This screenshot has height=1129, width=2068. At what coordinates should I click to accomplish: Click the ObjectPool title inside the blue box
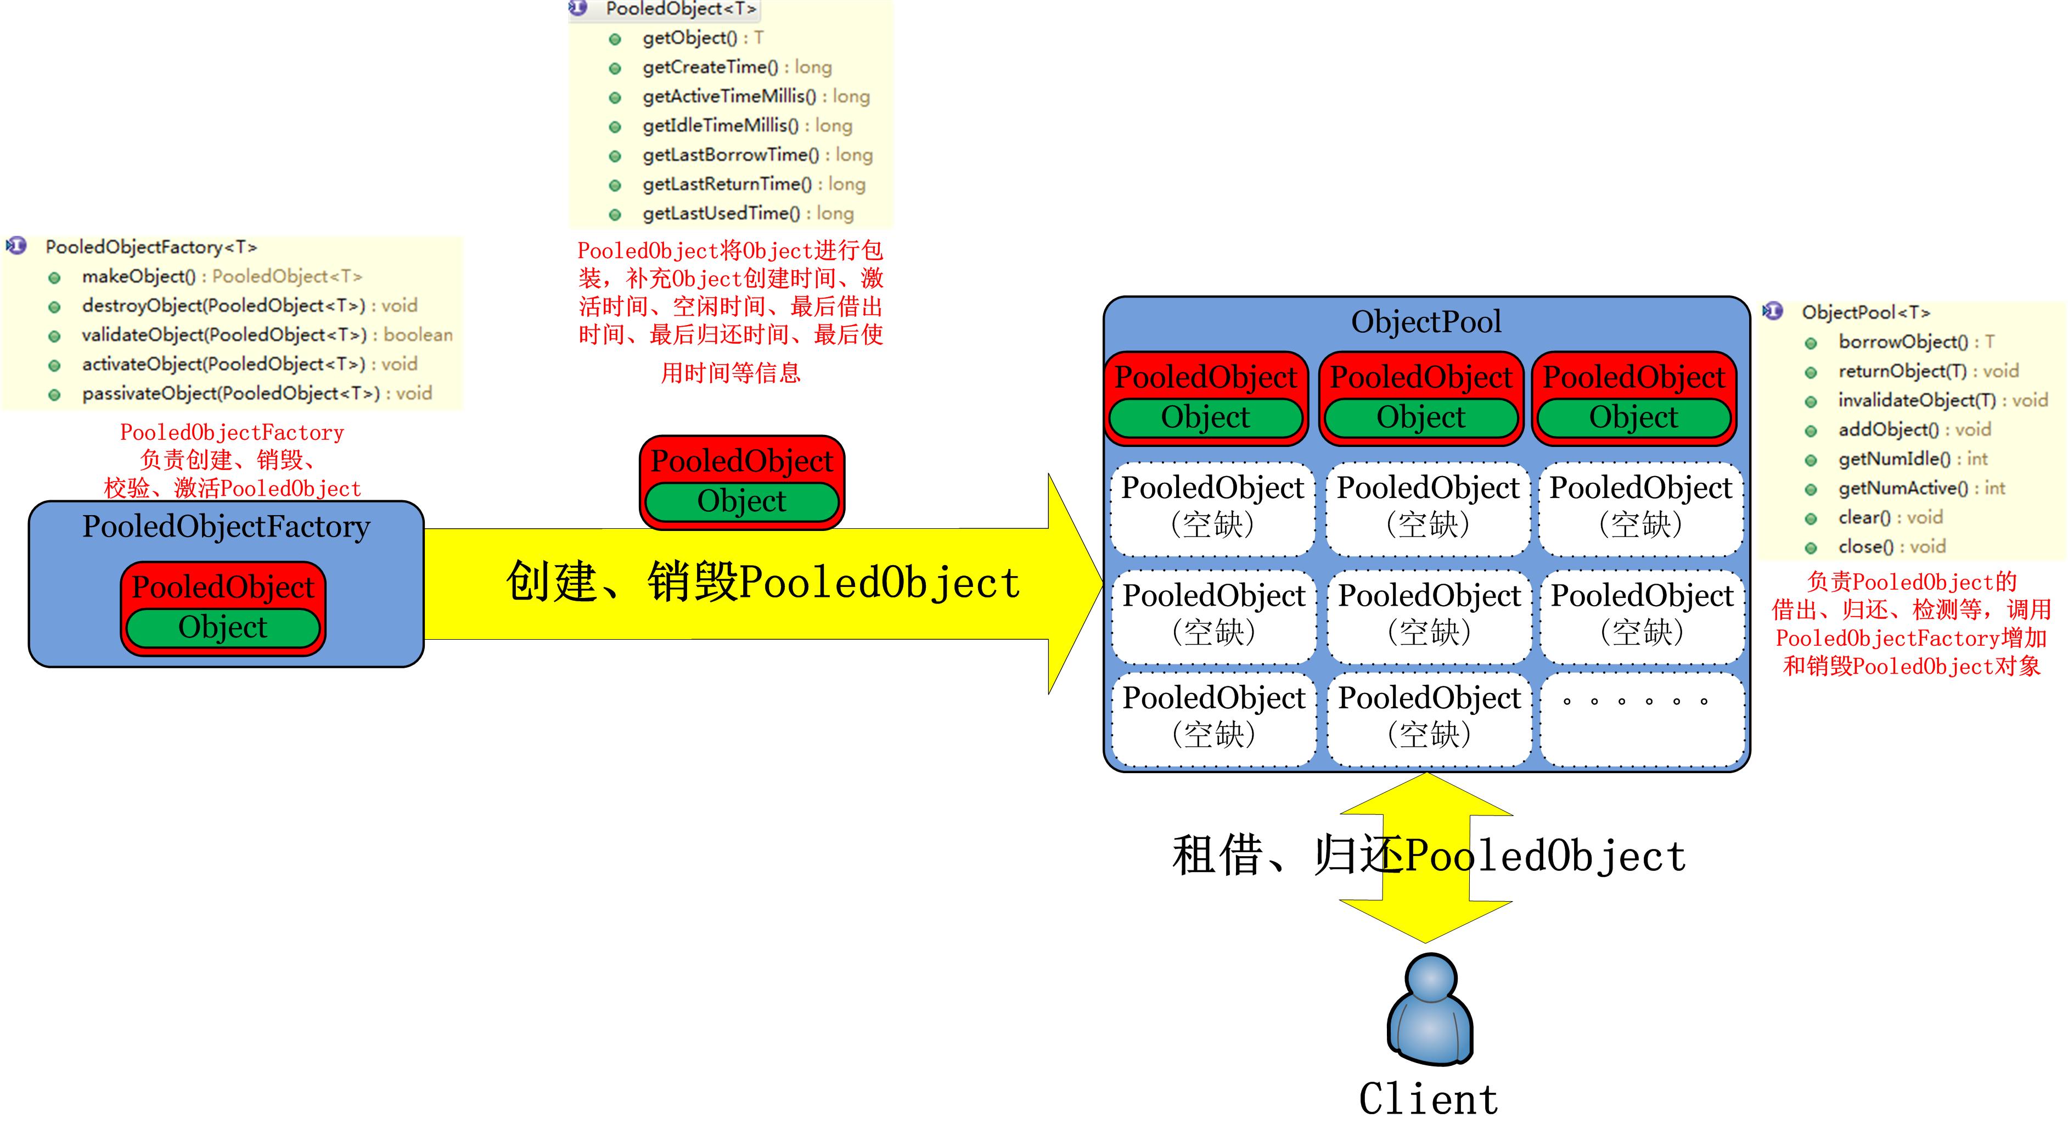[1426, 322]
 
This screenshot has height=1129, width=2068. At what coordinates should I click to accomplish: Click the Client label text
[1428, 1098]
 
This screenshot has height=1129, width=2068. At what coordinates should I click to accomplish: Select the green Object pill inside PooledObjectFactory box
[222, 627]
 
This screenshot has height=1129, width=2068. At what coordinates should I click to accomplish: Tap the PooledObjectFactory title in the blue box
[226, 527]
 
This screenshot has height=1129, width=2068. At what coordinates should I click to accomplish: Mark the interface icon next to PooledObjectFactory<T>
[16, 245]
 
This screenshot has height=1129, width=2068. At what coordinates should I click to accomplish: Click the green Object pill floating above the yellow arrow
[741, 501]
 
